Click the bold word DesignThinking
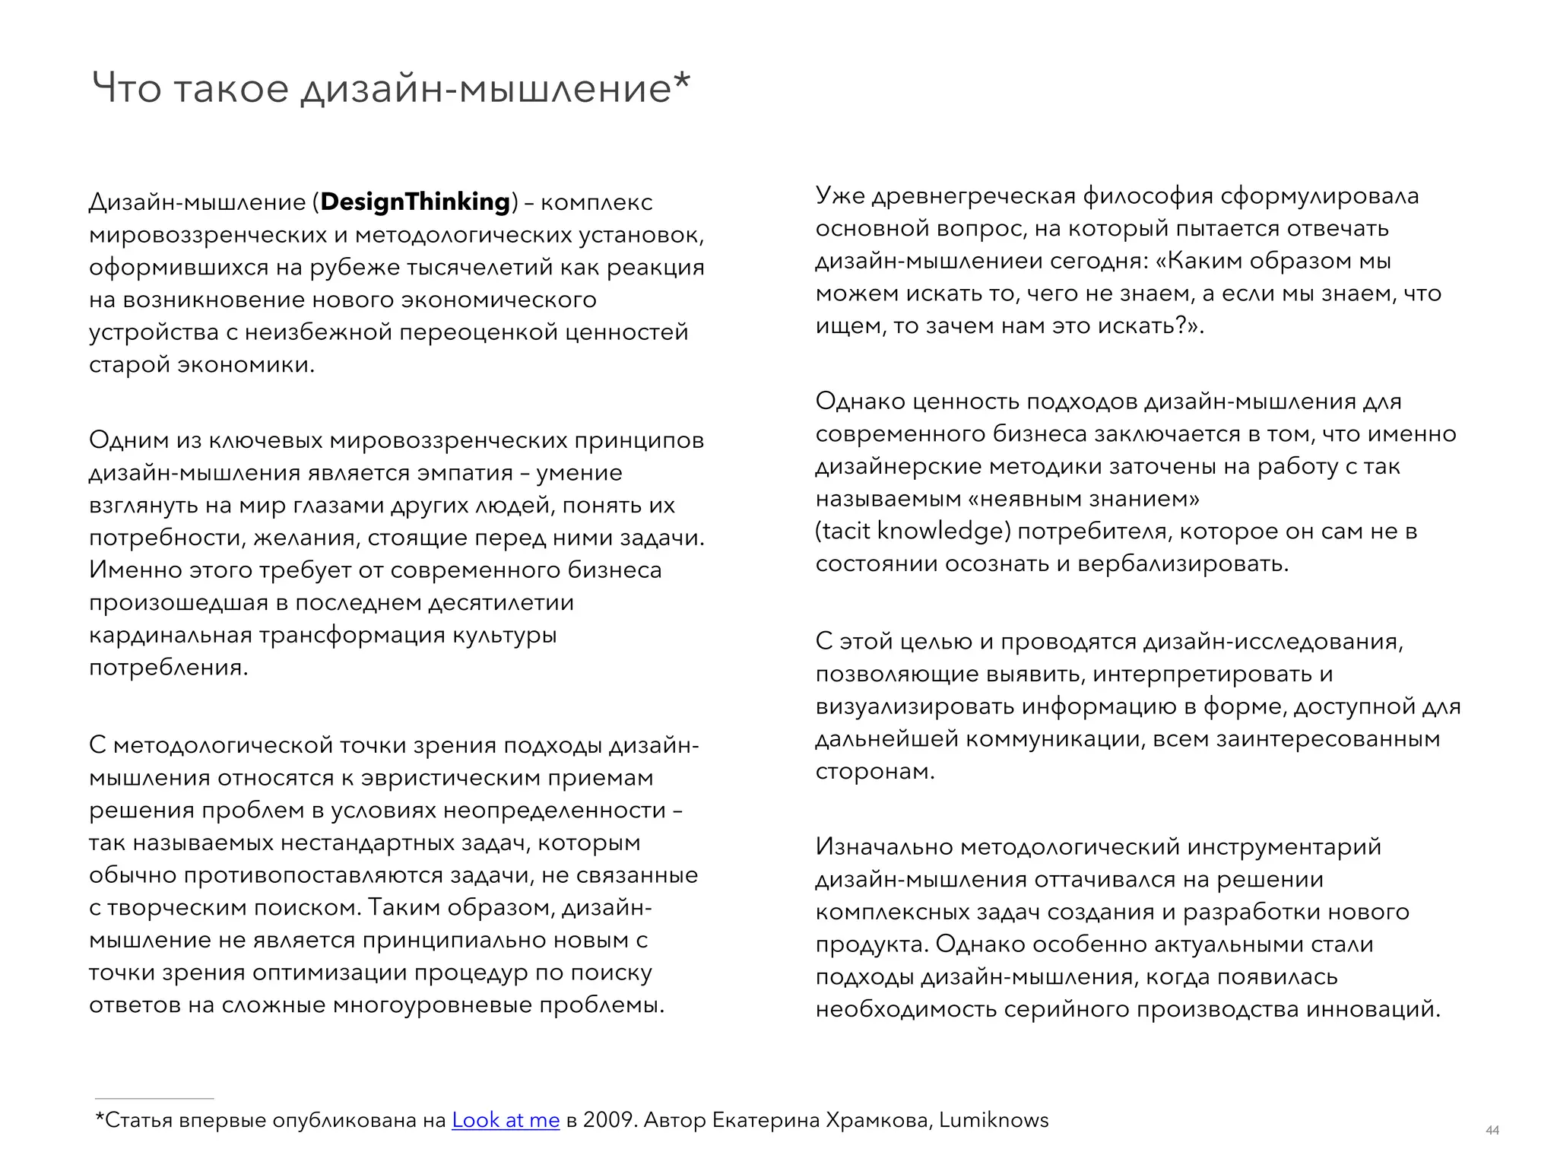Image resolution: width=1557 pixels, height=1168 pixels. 415,202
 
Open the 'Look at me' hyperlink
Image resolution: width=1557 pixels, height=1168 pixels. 506,1120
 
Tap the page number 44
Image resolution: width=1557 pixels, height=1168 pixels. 1492,1131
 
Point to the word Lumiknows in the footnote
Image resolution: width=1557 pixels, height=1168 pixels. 993,1120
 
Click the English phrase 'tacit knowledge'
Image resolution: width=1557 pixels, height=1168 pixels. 912,531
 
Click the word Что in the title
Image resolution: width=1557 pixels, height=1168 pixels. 126,89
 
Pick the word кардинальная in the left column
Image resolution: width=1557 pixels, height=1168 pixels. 170,635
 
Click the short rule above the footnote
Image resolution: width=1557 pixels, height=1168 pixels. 154,1099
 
